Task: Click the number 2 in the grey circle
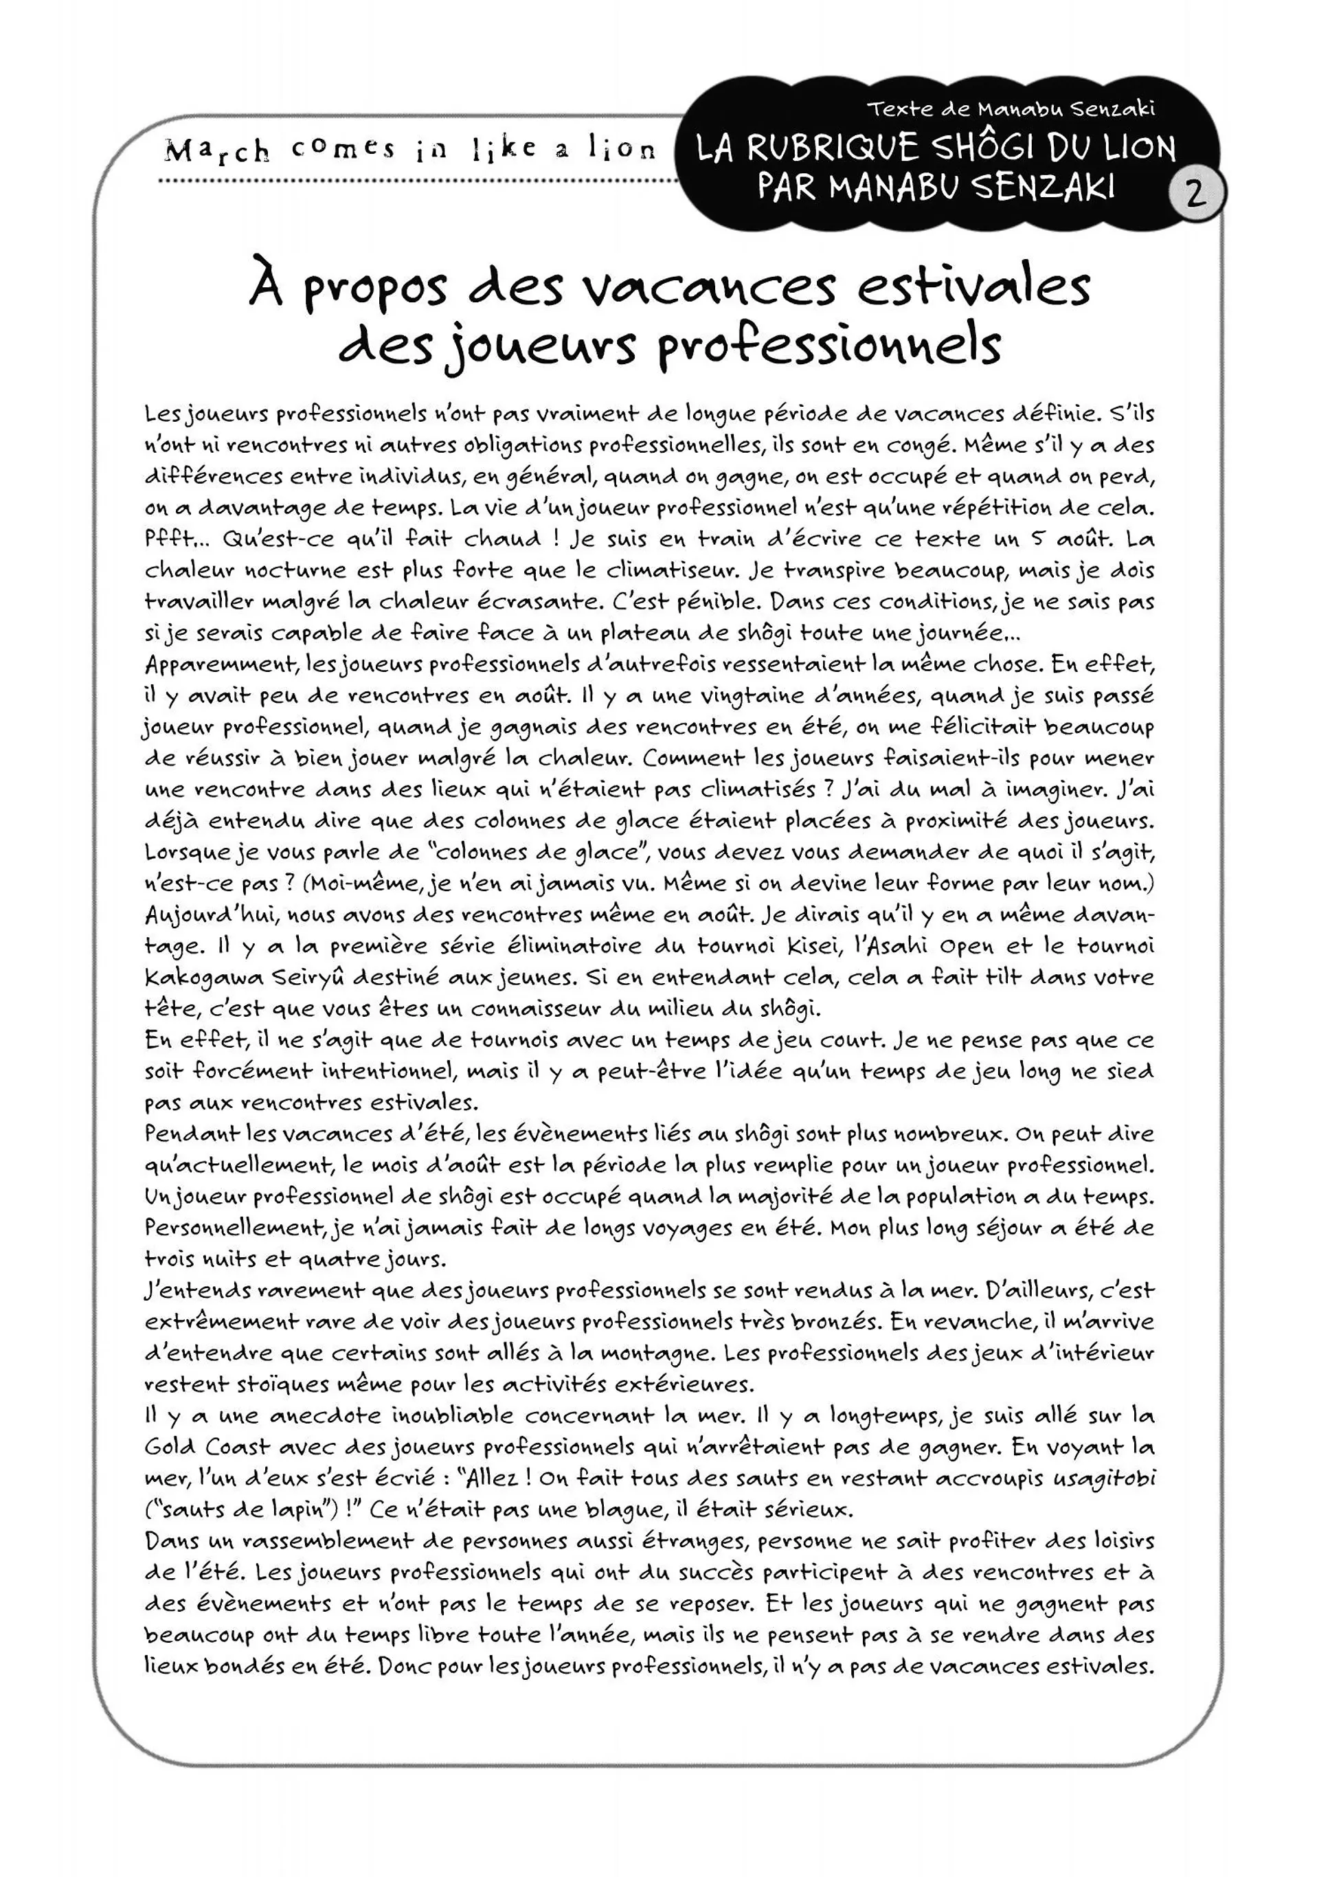[1194, 194]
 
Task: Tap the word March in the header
[216, 151]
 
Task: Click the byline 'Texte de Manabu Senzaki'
[1011, 109]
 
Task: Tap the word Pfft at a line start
[170, 539]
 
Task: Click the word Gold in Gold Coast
[170, 1447]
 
